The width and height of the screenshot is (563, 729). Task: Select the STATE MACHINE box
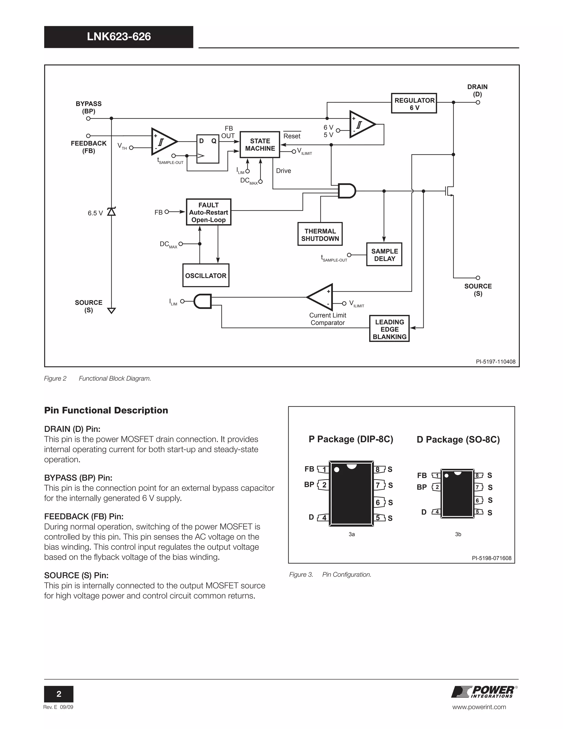pos(260,144)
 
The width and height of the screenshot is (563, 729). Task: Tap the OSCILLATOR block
pos(206,275)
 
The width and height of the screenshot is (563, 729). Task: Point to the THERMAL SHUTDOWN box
pos(320,234)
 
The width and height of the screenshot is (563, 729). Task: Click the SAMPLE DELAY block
pos(384,254)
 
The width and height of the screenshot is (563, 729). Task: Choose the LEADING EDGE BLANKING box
pos(389,329)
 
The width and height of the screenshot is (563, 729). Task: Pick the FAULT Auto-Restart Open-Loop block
pos(208,212)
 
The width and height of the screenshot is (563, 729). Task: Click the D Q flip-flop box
pos(208,149)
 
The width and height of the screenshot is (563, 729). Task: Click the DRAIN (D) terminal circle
pos(478,103)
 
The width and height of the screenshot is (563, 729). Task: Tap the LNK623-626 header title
pos(119,37)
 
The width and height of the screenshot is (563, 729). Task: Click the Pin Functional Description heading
pos(106,410)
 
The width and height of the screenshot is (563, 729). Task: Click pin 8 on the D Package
pos(478,475)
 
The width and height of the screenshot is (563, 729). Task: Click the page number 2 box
pos(59,694)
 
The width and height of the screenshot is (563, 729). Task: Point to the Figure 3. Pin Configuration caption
pos(330,574)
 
